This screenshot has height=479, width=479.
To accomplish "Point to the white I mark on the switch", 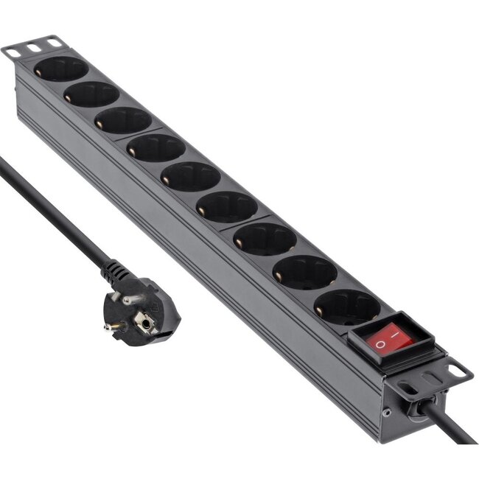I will click(399, 335).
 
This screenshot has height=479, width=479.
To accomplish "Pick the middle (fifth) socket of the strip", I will click(190, 177).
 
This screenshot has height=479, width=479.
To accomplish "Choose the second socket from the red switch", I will click(304, 272).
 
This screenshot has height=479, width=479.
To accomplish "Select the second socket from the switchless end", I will click(91, 94).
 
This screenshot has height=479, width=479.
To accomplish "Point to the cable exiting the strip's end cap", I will click(453, 427).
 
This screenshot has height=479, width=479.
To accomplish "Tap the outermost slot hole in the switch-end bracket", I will click(458, 372).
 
